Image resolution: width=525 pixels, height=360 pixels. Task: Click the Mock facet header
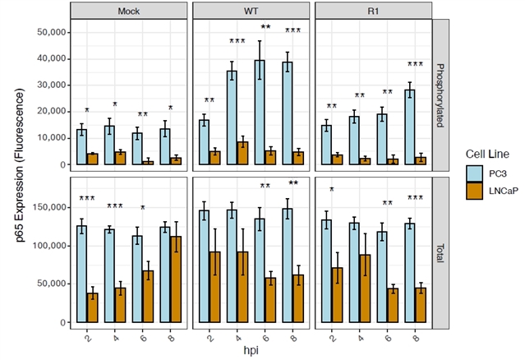point(127,11)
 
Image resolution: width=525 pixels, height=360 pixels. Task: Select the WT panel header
point(251,11)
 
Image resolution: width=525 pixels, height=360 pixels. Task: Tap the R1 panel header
point(373,11)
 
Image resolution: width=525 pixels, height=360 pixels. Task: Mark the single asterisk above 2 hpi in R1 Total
point(332,191)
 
